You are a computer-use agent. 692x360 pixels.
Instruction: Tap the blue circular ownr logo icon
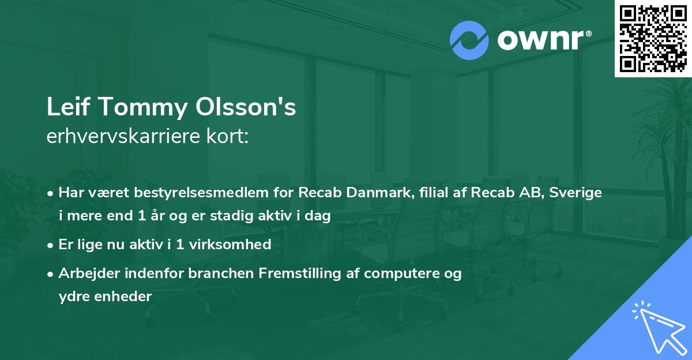click(x=469, y=40)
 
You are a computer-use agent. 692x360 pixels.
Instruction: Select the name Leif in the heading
click(x=65, y=108)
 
